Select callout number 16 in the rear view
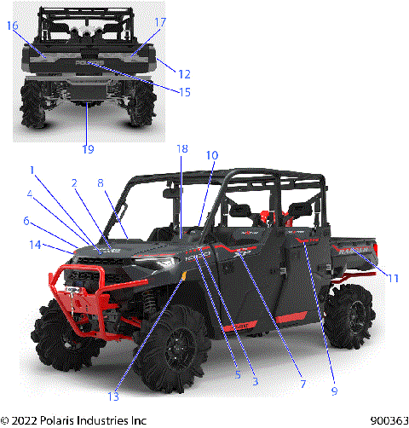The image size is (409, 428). [x=13, y=26]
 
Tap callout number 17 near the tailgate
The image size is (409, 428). [x=160, y=21]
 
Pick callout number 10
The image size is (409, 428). [x=212, y=155]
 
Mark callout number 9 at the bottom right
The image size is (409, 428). [x=334, y=391]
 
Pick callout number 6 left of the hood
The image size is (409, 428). [x=26, y=221]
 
